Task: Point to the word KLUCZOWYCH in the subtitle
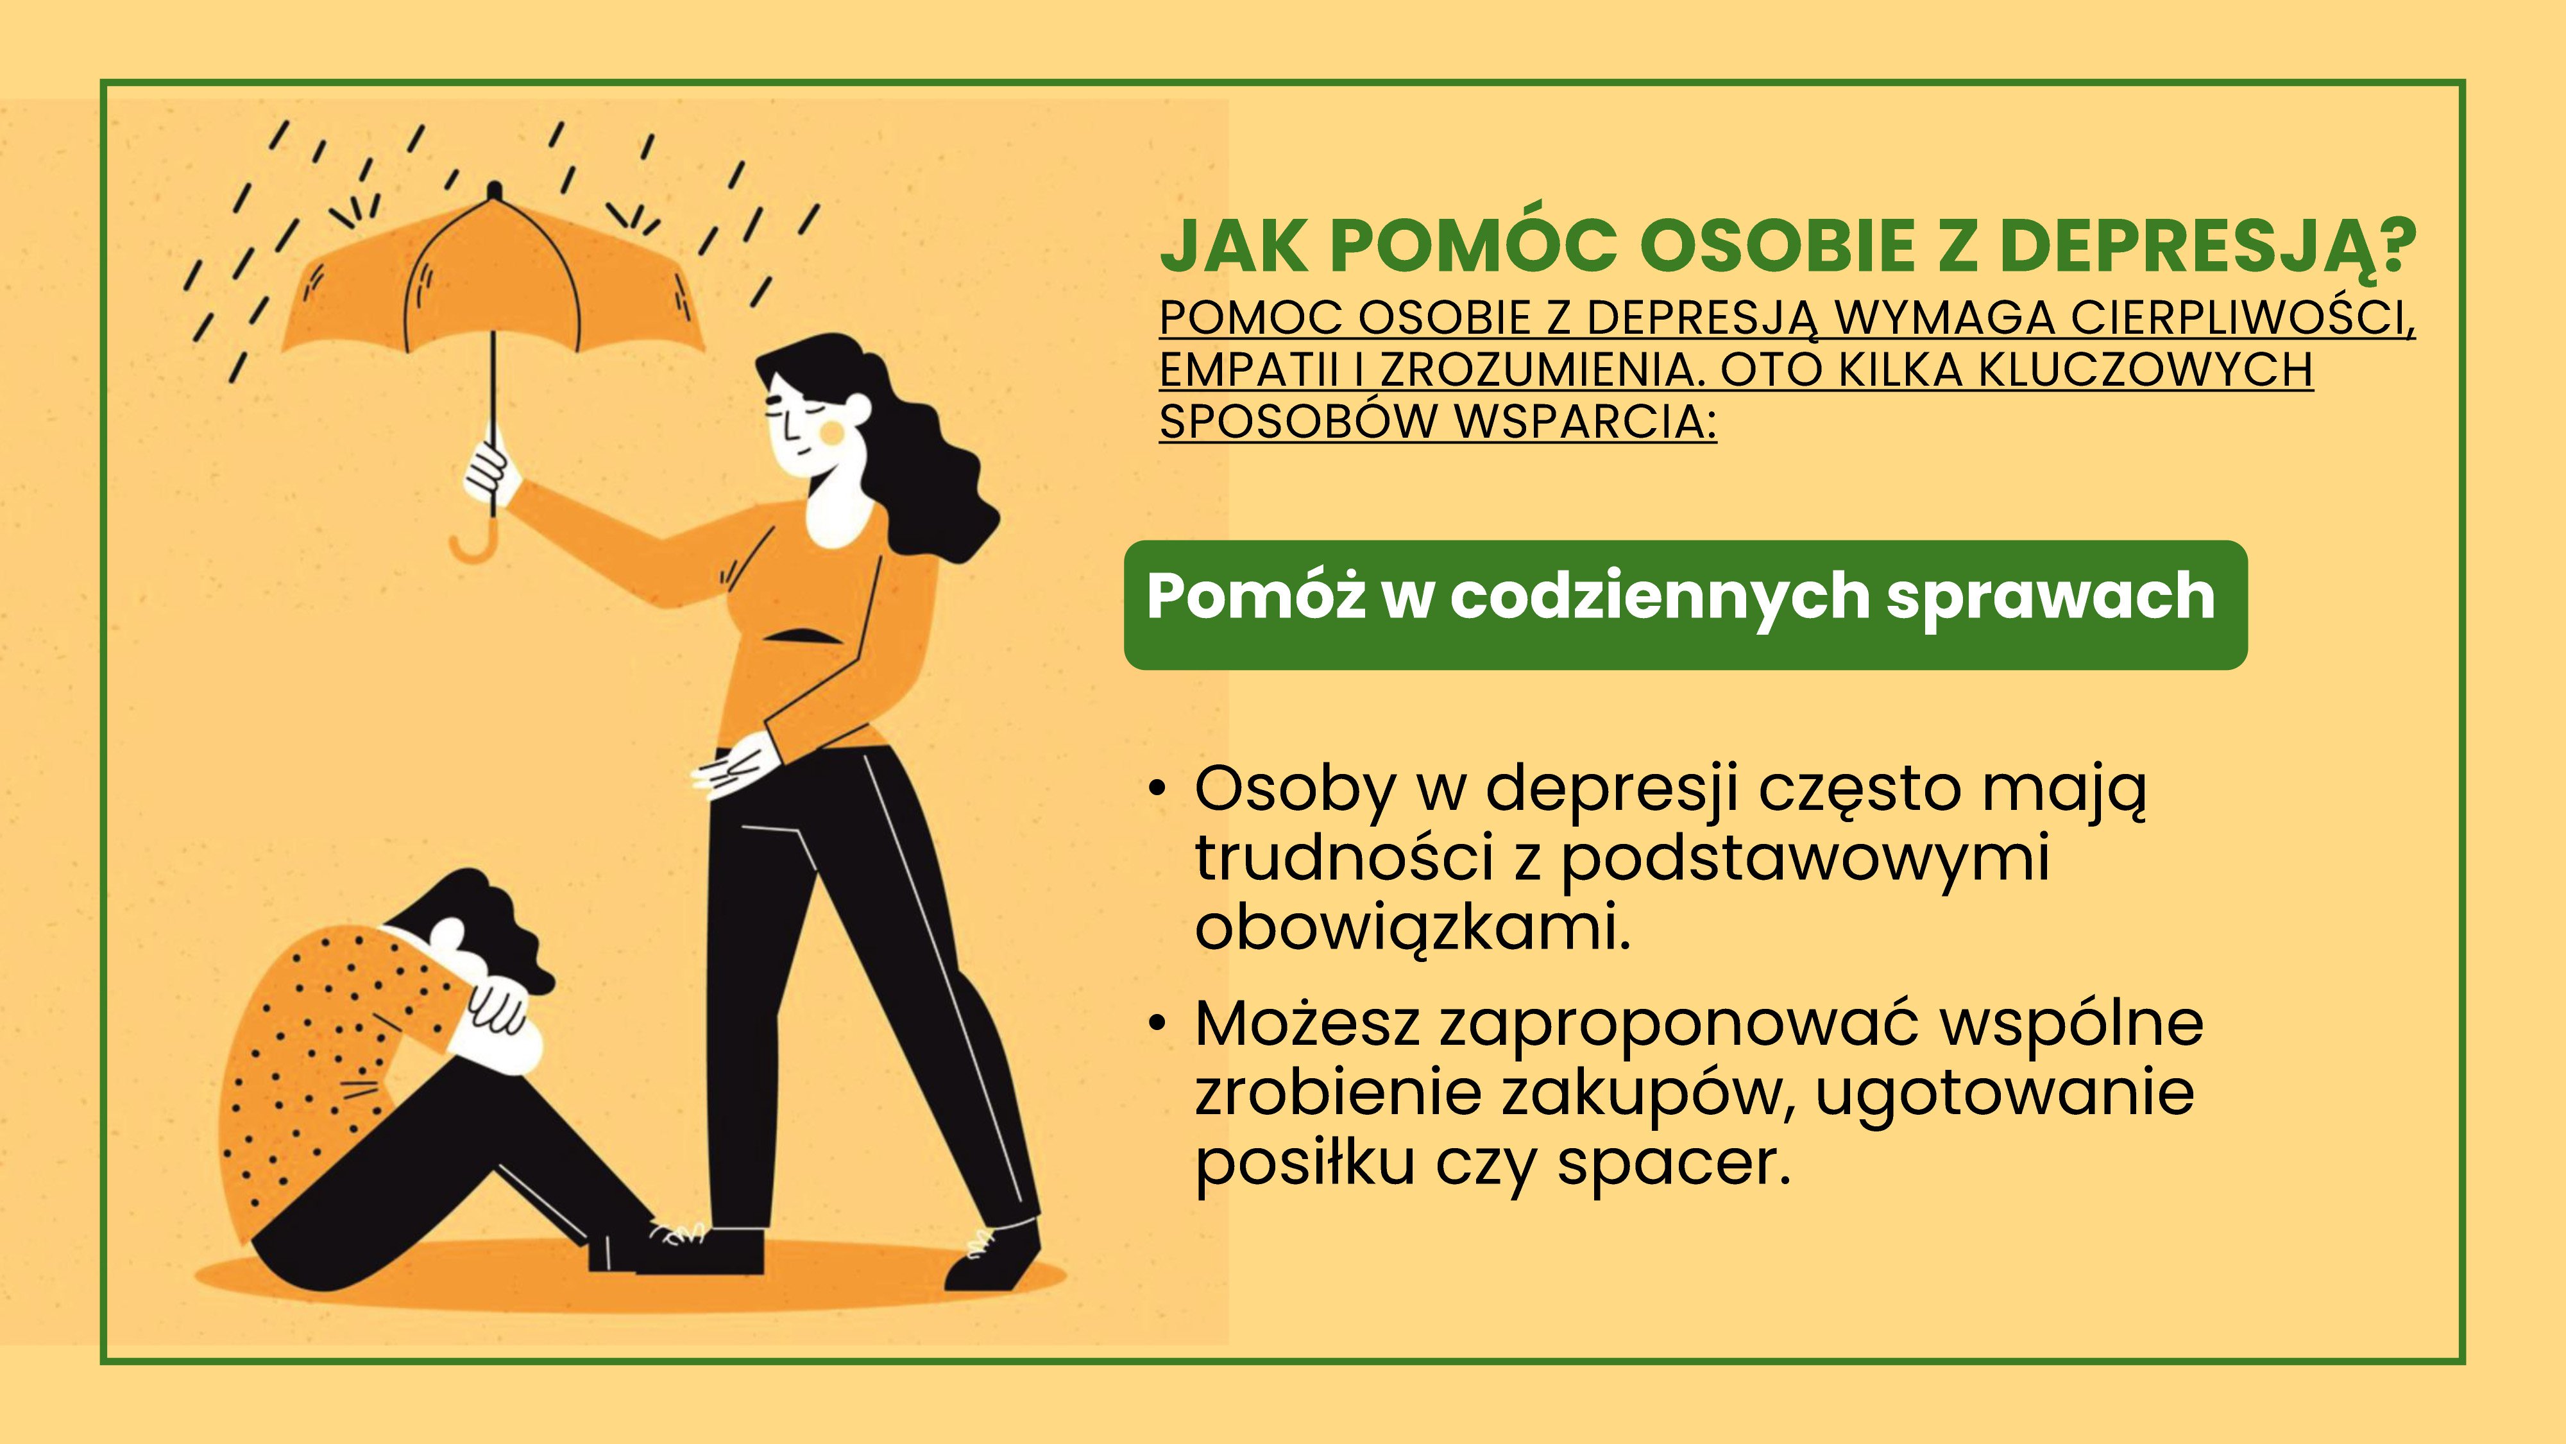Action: coord(2145,370)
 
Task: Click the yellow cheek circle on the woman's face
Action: coord(831,431)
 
